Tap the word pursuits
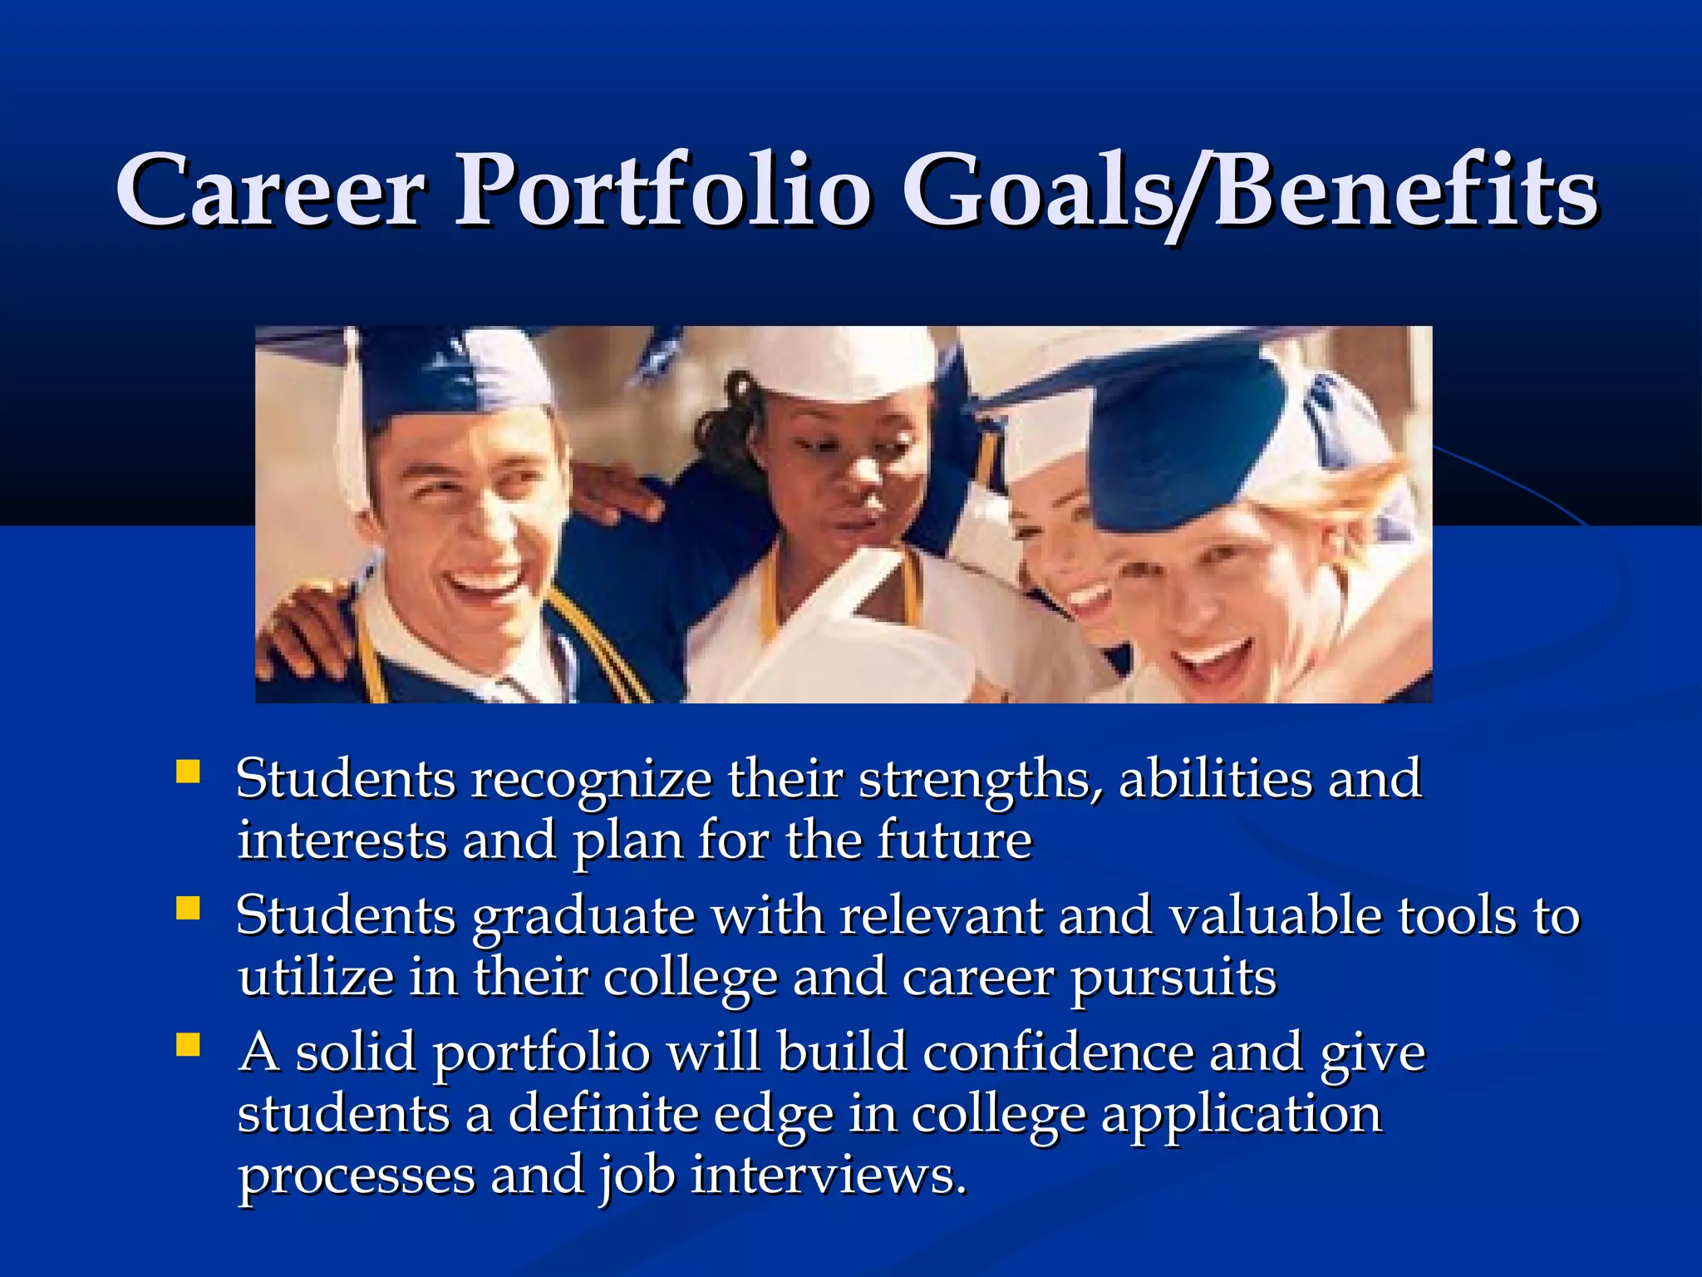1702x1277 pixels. [x=1173, y=979]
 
